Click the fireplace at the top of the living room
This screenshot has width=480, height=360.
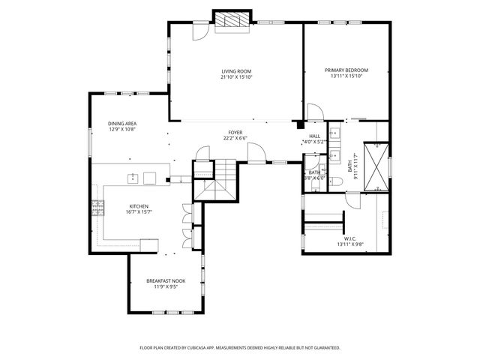[229, 21]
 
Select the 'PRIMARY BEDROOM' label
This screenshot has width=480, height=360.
[346, 70]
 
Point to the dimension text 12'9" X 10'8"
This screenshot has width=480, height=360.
[121, 130]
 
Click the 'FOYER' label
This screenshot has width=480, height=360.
[235, 132]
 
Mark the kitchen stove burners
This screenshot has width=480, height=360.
[96, 208]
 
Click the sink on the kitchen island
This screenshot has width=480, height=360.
[132, 178]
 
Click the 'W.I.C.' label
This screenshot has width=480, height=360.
[349, 238]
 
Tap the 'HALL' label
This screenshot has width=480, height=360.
[314, 136]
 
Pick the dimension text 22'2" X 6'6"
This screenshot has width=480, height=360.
[235, 138]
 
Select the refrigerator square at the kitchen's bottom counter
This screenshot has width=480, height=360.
[149, 245]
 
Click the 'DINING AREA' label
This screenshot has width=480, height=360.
[121, 124]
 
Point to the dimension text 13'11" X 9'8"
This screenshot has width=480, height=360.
[349, 244]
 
